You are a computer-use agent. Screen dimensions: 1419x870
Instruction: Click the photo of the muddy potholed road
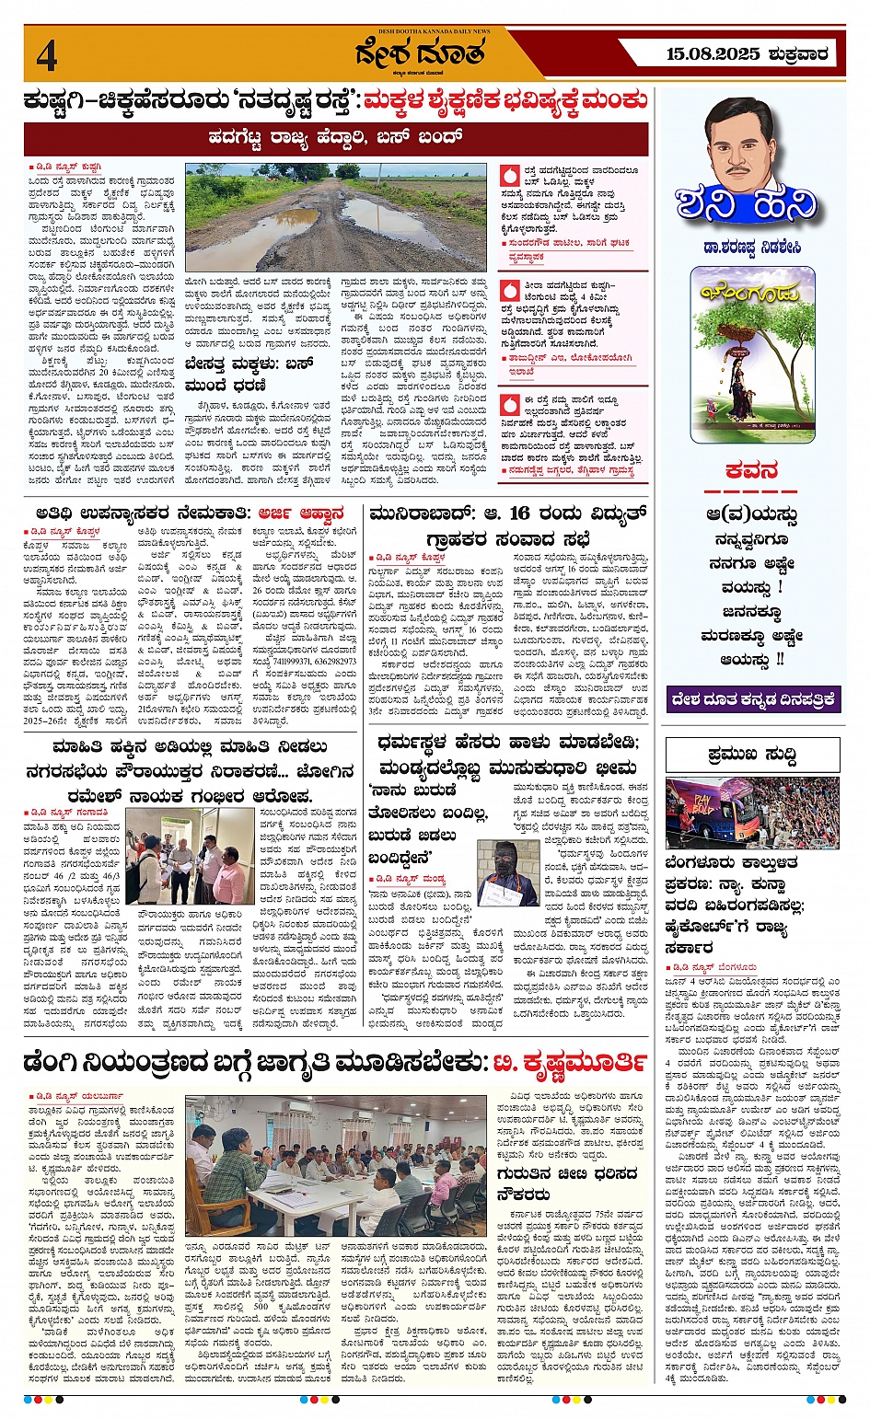(335, 218)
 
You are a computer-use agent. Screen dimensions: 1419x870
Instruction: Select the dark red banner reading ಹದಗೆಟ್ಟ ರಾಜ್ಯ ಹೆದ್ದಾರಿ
(336, 138)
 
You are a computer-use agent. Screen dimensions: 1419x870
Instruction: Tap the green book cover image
(752, 354)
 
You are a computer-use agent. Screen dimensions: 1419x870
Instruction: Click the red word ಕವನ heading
(752, 471)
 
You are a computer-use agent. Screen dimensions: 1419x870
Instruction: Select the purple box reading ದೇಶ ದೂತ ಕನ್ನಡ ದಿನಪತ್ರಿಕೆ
(752, 698)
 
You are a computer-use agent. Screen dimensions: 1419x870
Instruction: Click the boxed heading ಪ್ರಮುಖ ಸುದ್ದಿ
(752, 755)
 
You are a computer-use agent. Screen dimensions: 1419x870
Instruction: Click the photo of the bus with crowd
(752, 813)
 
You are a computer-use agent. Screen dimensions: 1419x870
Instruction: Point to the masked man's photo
(507, 872)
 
